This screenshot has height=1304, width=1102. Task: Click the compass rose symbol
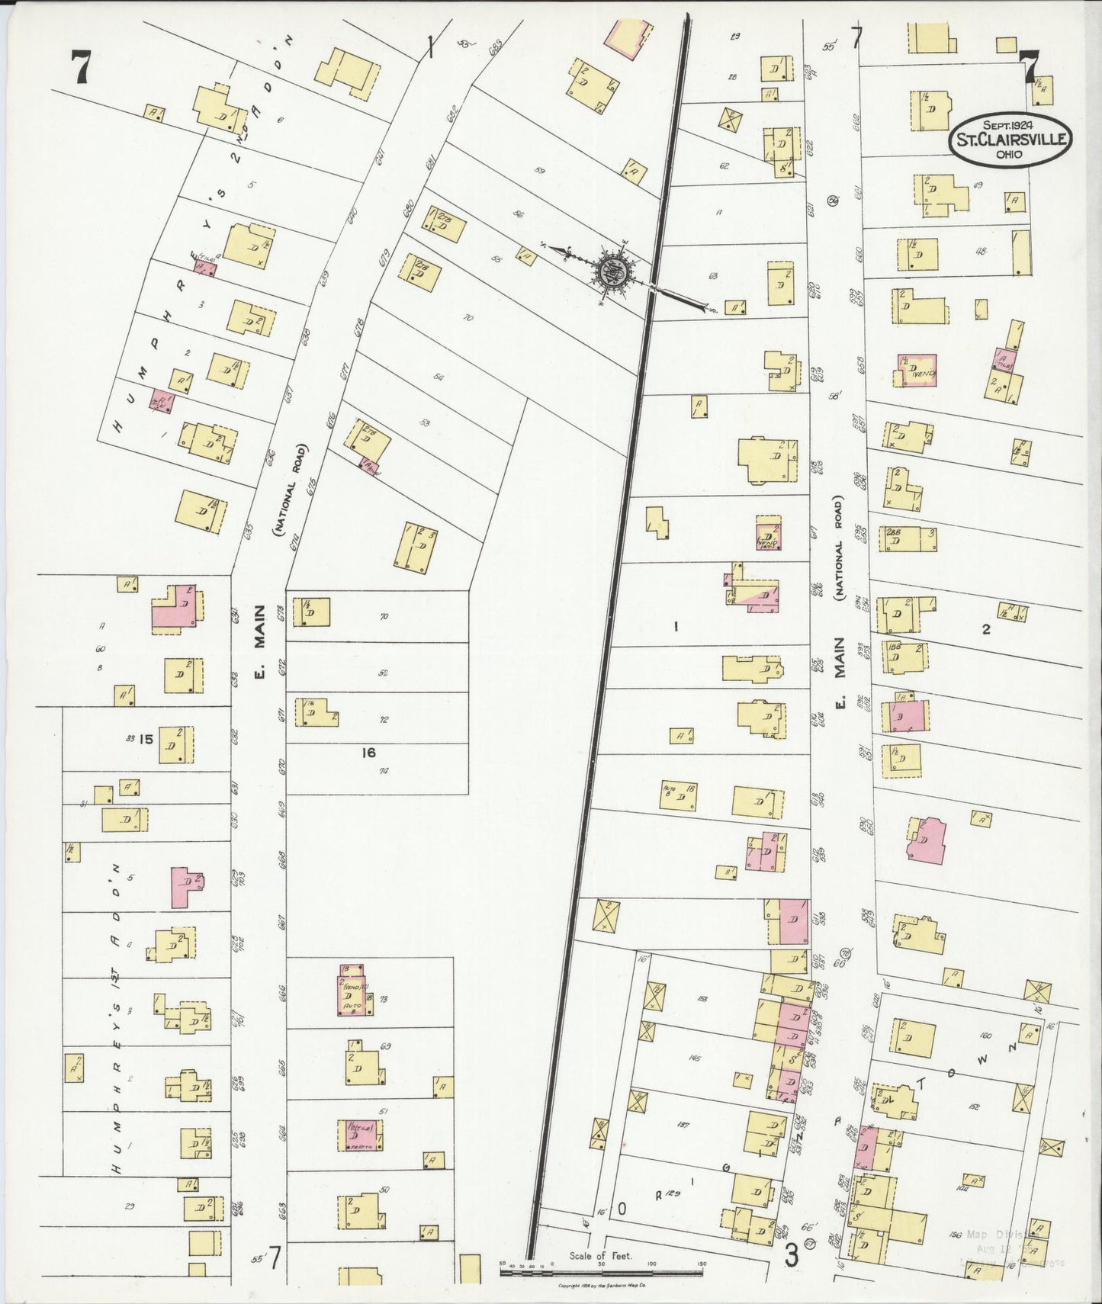point(611,269)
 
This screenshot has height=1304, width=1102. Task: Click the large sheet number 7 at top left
point(79,68)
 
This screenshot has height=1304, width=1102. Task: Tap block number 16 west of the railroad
point(368,753)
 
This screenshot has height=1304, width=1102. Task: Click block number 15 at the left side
point(146,738)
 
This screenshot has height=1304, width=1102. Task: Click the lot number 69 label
point(385,1046)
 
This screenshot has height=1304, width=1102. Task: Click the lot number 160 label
point(985,1036)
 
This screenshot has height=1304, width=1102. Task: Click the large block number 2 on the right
point(985,629)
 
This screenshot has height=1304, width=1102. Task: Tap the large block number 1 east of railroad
point(675,627)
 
